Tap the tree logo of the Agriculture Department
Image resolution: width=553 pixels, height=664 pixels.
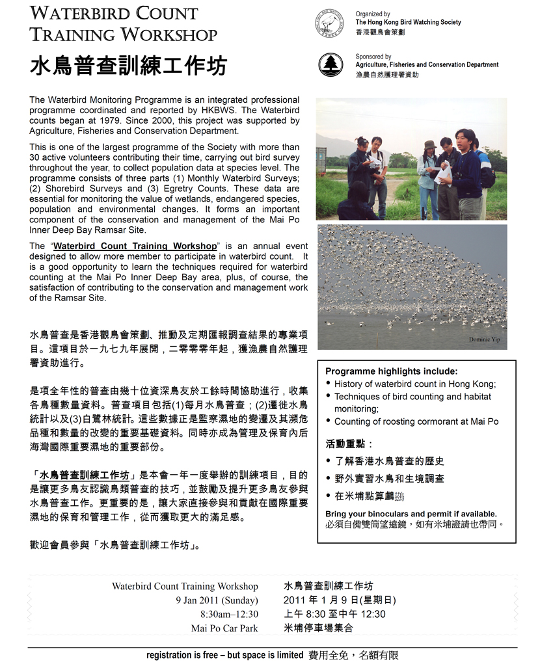point(331,65)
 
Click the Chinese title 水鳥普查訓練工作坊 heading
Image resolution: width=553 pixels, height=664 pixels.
point(128,67)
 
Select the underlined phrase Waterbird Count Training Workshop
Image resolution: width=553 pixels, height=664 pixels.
point(135,246)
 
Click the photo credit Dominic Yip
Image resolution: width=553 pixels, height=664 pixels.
point(485,339)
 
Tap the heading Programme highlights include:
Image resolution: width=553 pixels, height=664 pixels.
point(391,371)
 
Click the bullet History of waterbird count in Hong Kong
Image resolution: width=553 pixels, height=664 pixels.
point(415,384)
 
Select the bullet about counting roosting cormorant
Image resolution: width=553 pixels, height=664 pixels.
point(416,421)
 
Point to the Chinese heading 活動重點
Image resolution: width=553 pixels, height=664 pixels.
point(349,444)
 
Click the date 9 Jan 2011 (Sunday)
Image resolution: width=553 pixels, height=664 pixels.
point(217,600)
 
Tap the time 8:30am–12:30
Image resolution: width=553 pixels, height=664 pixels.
point(229,615)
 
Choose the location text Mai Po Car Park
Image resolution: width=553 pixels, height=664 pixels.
point(224,628)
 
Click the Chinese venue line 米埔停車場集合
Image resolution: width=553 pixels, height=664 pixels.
point(319,628)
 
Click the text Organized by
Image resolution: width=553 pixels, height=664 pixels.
point(373,14)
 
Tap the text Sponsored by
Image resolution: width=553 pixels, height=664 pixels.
point(373,57)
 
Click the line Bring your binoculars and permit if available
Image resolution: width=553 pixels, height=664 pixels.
point(411,514)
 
